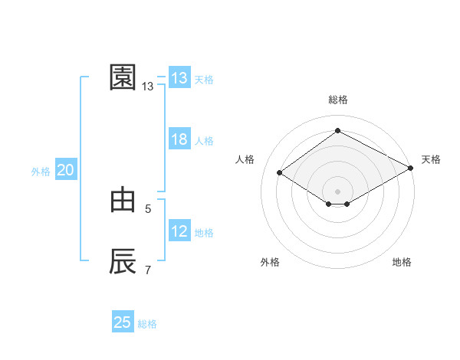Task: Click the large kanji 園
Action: point(123,77)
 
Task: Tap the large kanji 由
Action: point(123,200)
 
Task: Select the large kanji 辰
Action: point(123,261)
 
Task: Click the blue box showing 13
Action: point(179,78)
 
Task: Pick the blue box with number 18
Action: point(179,139)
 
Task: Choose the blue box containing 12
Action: point(179,231)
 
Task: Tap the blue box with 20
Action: point(66,170)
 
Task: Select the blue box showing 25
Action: point(123,322)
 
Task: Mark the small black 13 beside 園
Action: point(147,87)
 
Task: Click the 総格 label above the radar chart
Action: point(337,100)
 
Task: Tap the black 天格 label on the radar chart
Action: point(431,159)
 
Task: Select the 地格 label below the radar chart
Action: point(402,262)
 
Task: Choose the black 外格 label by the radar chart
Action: point(270,262)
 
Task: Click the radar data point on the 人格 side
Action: point(280,173)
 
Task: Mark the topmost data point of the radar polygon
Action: point(337,131)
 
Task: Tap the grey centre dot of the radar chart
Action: point(337,191)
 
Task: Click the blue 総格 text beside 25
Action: point(147,324)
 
